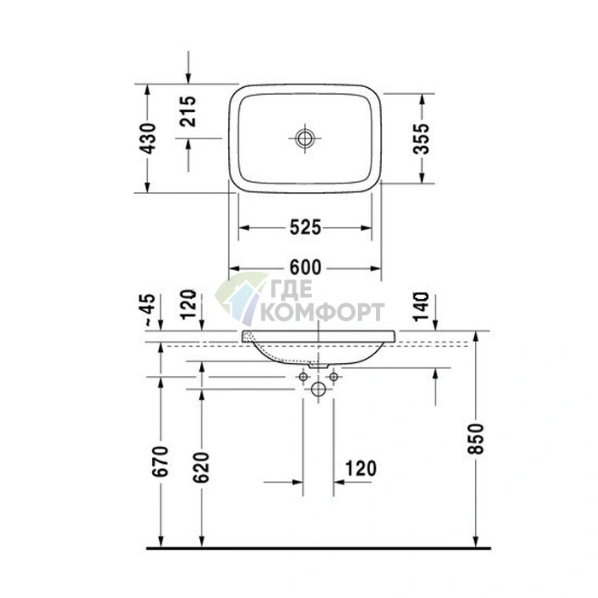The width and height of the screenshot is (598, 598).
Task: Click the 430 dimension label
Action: (148, 138)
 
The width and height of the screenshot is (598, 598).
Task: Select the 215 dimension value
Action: (188, 111)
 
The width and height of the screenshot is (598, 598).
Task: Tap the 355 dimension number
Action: (421, 138)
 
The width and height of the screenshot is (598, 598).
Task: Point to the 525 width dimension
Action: (305, 228)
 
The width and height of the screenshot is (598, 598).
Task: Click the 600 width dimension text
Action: (305, 267)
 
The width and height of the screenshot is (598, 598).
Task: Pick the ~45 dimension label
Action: (149, 310)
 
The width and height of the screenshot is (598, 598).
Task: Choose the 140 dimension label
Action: (421, 307)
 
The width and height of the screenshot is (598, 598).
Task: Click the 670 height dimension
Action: (160, 460)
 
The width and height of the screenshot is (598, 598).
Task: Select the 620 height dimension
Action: (201, 467)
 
